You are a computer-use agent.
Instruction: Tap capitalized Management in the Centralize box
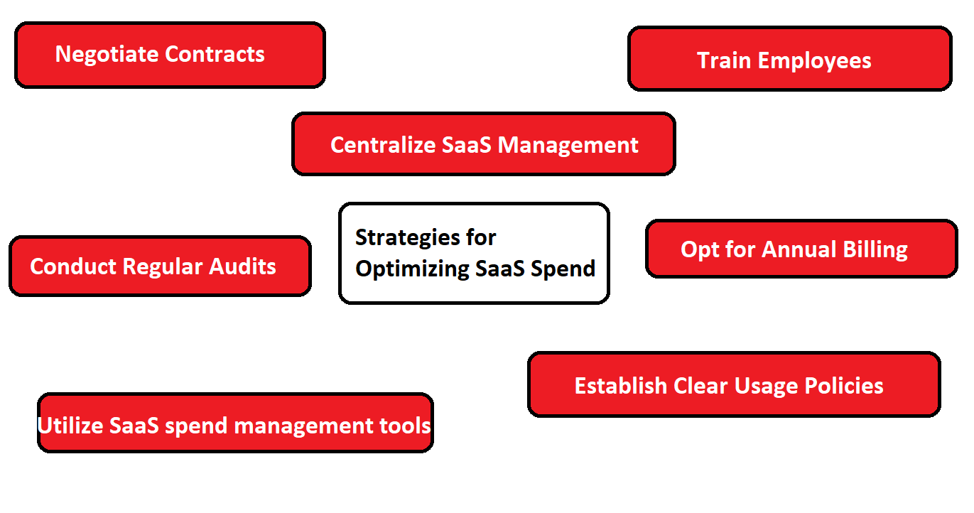(568, 145)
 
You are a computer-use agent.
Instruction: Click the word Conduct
(73, 266)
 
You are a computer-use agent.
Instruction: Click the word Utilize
(71, 426)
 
